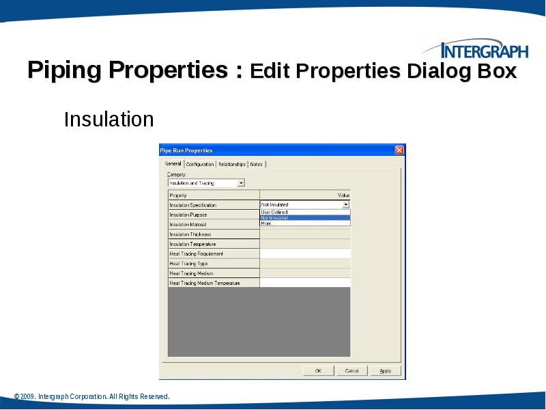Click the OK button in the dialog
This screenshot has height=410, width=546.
tap(317, 370)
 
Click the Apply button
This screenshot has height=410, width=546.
tap(386, 370)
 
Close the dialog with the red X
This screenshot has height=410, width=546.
tap(399, 150)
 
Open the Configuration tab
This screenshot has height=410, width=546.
tap(200, 164)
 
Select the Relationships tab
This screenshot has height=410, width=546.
tap(232, 164)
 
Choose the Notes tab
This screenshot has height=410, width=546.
tap(256, 164)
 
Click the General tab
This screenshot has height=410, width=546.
tap(173, 164)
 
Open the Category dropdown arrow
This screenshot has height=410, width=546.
tap(241, 183)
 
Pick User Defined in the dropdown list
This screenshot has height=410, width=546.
tap(274, 212)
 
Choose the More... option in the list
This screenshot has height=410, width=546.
tap(267, 223)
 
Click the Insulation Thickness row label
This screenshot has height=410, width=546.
tap(190, 234)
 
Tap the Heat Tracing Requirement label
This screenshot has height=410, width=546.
tap(197, 254)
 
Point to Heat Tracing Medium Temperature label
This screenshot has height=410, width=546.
tap(205, 283)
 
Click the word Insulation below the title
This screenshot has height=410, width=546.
tap(109, 120)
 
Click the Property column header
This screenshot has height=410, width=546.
tap(178, 195)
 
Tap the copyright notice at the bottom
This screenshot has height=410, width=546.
tap(91, 396)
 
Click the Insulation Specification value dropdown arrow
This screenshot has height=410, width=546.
tap(346, 204)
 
